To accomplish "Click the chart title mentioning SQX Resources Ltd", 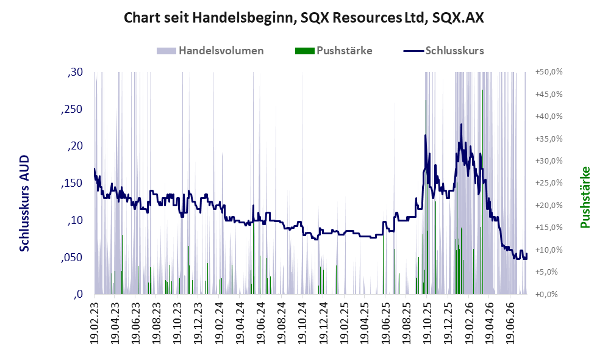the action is (x=304, y=18).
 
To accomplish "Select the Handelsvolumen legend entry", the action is (x=210, y=51).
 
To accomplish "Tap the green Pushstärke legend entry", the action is (x=334, y=51).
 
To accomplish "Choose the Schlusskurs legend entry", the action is (x=443, y=51).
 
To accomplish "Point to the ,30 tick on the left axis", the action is (x=75, y=72).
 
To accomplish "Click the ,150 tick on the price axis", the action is (x=72, y=183).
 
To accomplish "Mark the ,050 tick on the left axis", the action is (x=72, y=257).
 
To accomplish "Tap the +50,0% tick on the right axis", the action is (x=549, y=72).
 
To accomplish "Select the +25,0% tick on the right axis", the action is (x=549, y=182).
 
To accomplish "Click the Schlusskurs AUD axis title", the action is (x=24, y=203).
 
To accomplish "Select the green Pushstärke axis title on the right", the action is (x=585, y=197).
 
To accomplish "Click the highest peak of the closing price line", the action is (x=461, y=124).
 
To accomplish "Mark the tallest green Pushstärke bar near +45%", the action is (x=482, y=192).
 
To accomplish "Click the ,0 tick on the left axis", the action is (x=78, y=294).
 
